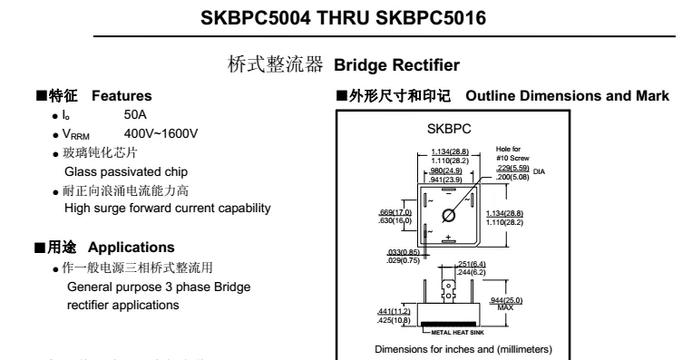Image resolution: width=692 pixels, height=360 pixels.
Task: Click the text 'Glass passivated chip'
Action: point(127,171)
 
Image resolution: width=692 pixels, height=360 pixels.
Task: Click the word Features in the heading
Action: point(122,96)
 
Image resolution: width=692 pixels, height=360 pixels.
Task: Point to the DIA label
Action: point(540,170)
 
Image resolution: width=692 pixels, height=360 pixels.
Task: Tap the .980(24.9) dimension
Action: point(446,170)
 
